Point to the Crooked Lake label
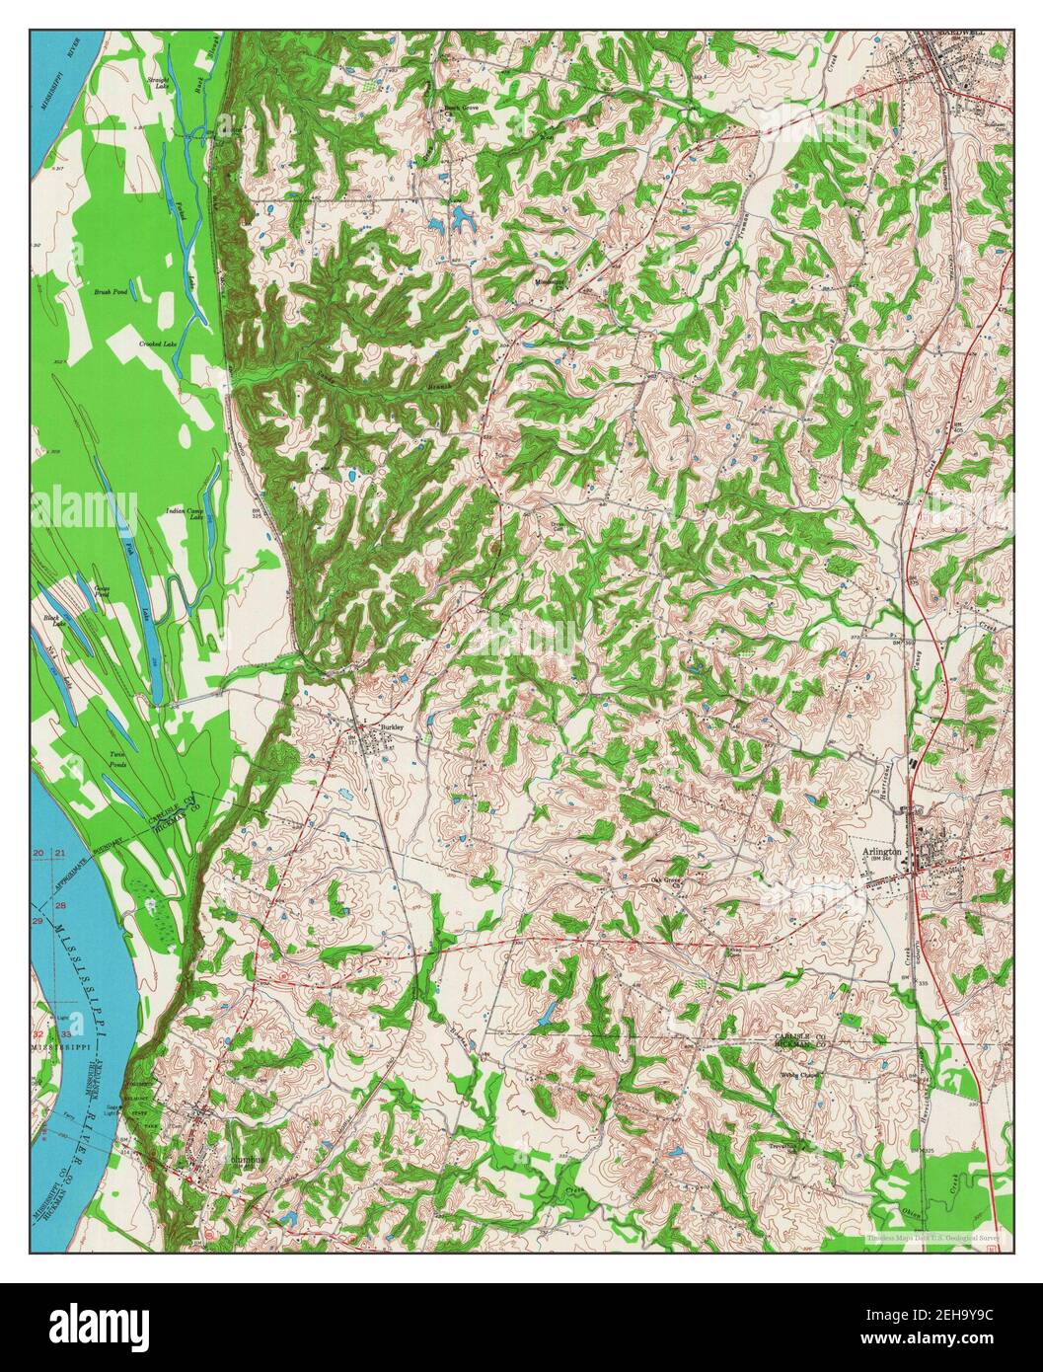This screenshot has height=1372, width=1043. (x=157, y=343)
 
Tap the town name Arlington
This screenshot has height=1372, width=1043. (x=880, y=850)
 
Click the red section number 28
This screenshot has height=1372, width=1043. (x=61, y=904)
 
